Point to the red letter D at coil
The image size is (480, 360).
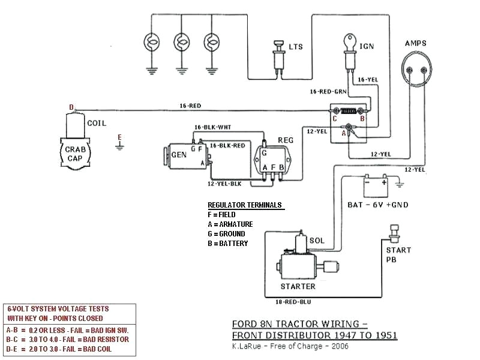click(71, 107)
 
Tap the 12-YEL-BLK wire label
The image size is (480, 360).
click(224, 184)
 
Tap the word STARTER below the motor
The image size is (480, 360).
click(298, 286)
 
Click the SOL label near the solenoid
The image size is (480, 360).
click(317, 241)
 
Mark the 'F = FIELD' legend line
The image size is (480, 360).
click(221, 215)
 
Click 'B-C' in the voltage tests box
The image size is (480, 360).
click(12, 338)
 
